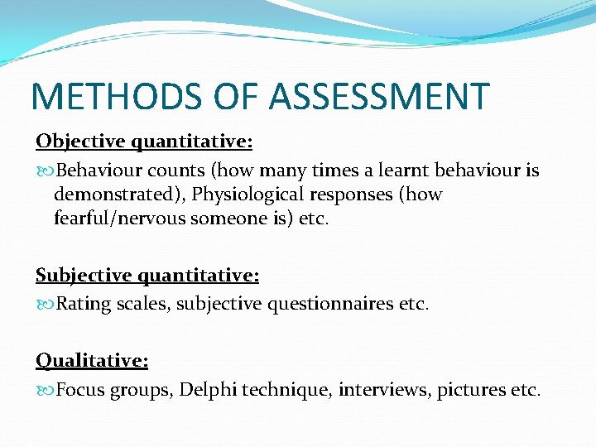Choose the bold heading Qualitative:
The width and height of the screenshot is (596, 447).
pyautogui.click(x=92, y=360)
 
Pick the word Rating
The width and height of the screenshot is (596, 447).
pyautogui.click(x=82, y=304)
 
